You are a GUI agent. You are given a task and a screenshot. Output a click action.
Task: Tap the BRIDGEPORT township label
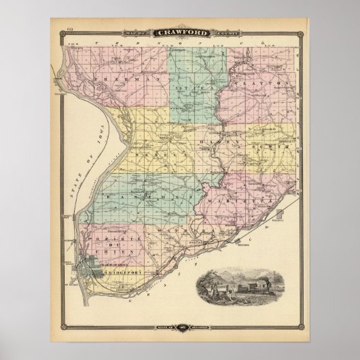pos(120,272)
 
